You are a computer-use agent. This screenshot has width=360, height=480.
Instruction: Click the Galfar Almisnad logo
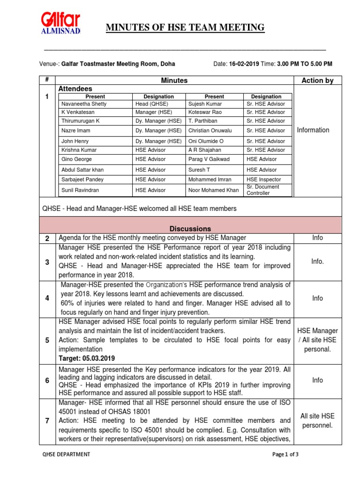(x=61, y=24)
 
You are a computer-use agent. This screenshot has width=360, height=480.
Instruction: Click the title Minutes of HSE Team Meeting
(x=185, y=28)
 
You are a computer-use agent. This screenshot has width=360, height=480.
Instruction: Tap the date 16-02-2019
(x=244, y=64)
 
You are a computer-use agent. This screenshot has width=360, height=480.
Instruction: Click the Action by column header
(x=317, y=81)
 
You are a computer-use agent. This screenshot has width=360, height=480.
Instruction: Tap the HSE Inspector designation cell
(x=264, y=179)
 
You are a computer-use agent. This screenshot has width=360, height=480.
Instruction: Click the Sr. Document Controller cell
(x=262, y=190)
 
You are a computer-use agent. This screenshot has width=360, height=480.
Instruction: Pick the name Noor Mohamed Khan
(x=213, y=190)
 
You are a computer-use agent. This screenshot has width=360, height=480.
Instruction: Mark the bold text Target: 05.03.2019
(x=88, y=358)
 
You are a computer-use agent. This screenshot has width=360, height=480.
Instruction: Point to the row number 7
(x=47, y=420)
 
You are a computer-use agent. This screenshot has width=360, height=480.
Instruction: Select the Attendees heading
(x=75, y=89)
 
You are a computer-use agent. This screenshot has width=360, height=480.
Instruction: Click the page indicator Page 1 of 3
(x=285, y=454)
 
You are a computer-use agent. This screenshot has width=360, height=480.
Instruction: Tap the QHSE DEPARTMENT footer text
(x=66, y=454)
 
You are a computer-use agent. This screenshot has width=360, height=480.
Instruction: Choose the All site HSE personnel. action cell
(x=317, y=420)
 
